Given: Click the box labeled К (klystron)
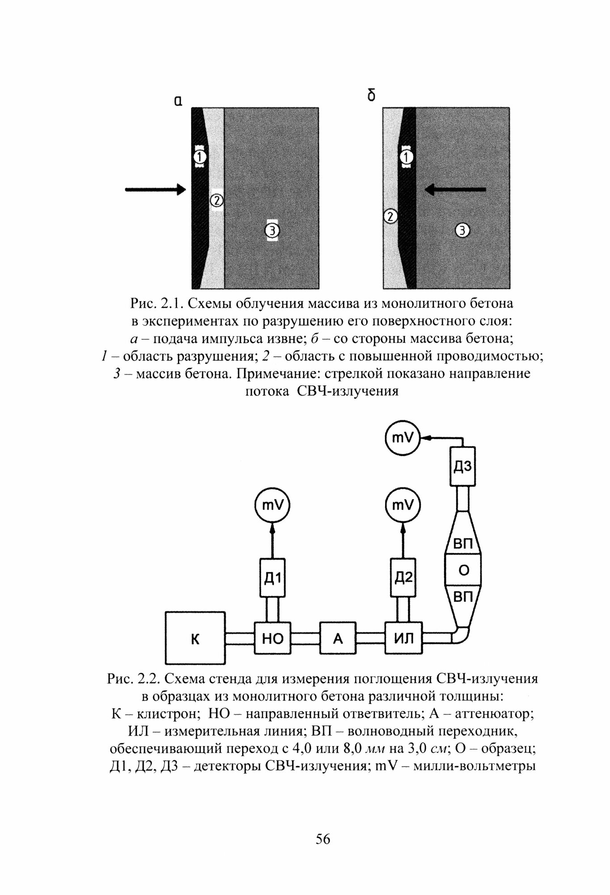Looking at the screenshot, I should tap(195, 638).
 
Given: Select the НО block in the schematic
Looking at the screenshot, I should tap(272, 638).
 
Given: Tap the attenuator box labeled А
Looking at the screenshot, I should tap(338, 638).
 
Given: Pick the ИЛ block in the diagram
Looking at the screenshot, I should tap(403, 638).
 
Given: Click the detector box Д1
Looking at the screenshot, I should tap(272, 577).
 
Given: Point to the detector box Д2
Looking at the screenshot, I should tap(403, 577).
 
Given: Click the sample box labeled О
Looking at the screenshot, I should tap(464, 571).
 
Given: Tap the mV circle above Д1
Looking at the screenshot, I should tap(272, 506).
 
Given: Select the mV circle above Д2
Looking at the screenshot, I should tap(403, 506).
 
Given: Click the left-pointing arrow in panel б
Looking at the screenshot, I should tap(455, 190).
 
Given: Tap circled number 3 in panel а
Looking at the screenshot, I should tap(272, 230).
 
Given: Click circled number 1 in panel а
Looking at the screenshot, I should tap(200, 157).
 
